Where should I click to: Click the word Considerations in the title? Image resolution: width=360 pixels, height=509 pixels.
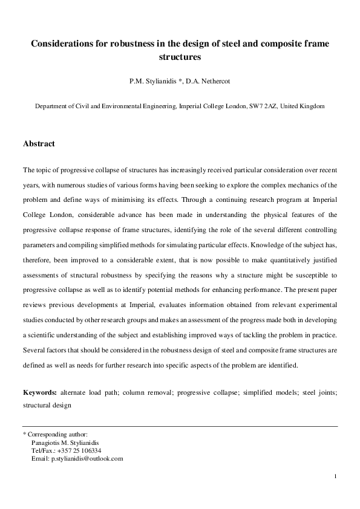(x=62, y=44)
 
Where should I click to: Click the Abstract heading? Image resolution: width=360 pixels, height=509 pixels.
(x=39, y=144)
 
